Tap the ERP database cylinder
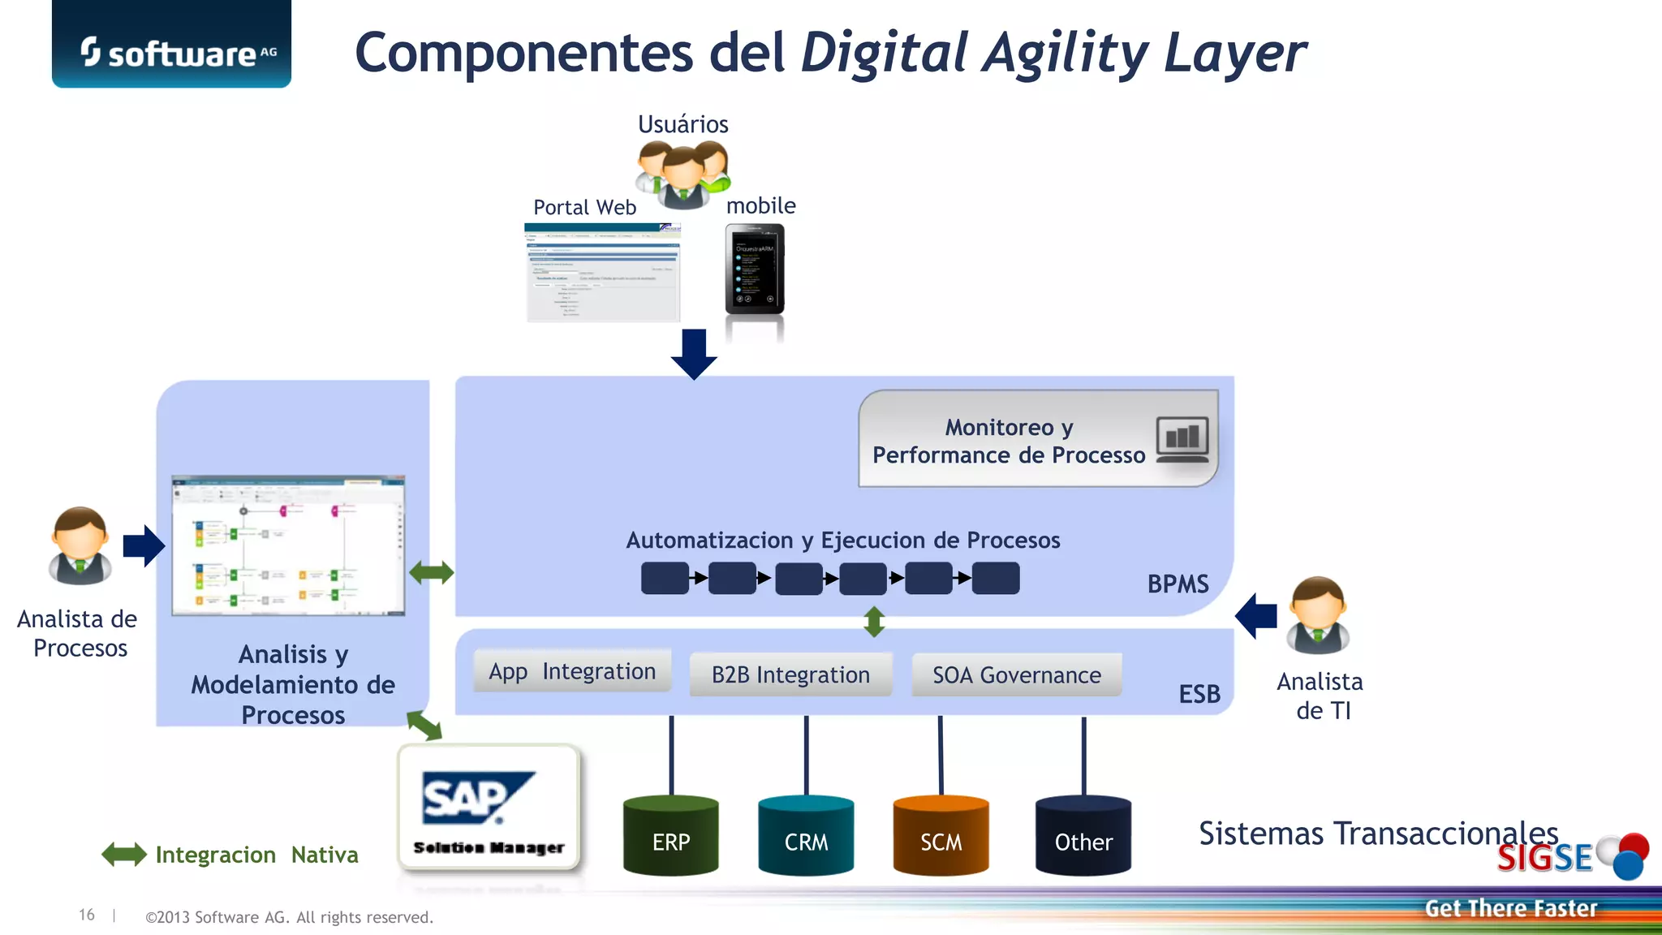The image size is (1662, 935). [x=671, y=836]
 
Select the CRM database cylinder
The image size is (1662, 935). [x=806, y=836]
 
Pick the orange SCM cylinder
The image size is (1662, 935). [x=941, y=836]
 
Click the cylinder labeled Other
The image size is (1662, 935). [x=1083, y=836]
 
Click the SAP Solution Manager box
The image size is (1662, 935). [x=489, y=808]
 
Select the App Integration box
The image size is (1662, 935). [x=572, y=671]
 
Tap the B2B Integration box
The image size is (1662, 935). [x=790, y=674]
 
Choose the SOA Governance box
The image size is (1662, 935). [x=1017, y=674]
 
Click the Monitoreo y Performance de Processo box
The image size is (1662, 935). [x=1037, y=439]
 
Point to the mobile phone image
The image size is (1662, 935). [x=755, y=269]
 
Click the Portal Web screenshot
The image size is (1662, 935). [x=602, y=273]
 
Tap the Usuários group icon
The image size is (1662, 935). [x=682, y=174]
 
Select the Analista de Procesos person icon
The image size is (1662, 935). [x=80, y=547]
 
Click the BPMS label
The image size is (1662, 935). [x=1178, y=584]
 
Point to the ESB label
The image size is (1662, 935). [x=1199, y=694]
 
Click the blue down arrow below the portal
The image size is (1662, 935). [x=694, y=354]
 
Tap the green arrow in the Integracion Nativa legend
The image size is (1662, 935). [x=124, y=855]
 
